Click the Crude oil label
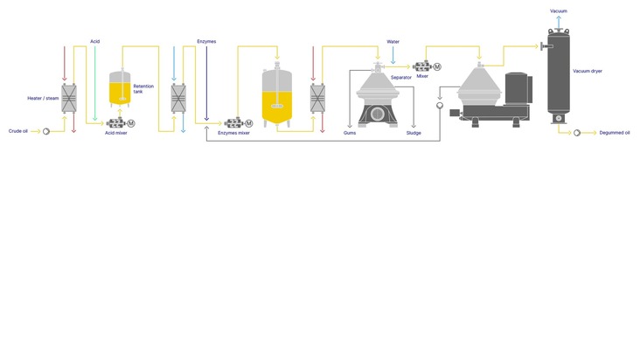point(18,131)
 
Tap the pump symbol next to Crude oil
point(46,131)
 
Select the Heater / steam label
point(43,98)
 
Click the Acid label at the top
point(94,42)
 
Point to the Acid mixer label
point(116,133)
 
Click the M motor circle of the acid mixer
point(131,123)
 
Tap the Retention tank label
point(143,89)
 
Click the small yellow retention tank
point(120,88)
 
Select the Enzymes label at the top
point(206,42)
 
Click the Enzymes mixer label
point(233,133)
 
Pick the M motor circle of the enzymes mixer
point(248,123)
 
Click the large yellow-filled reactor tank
point(277,95)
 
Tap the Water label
point(393,42)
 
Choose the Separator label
point(400,78)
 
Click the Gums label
point(350,133)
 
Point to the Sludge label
point(414,133)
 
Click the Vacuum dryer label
point(588,71)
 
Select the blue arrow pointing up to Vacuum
point(559,22)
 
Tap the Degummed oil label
point(615,133)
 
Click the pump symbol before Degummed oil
point(577,133)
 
